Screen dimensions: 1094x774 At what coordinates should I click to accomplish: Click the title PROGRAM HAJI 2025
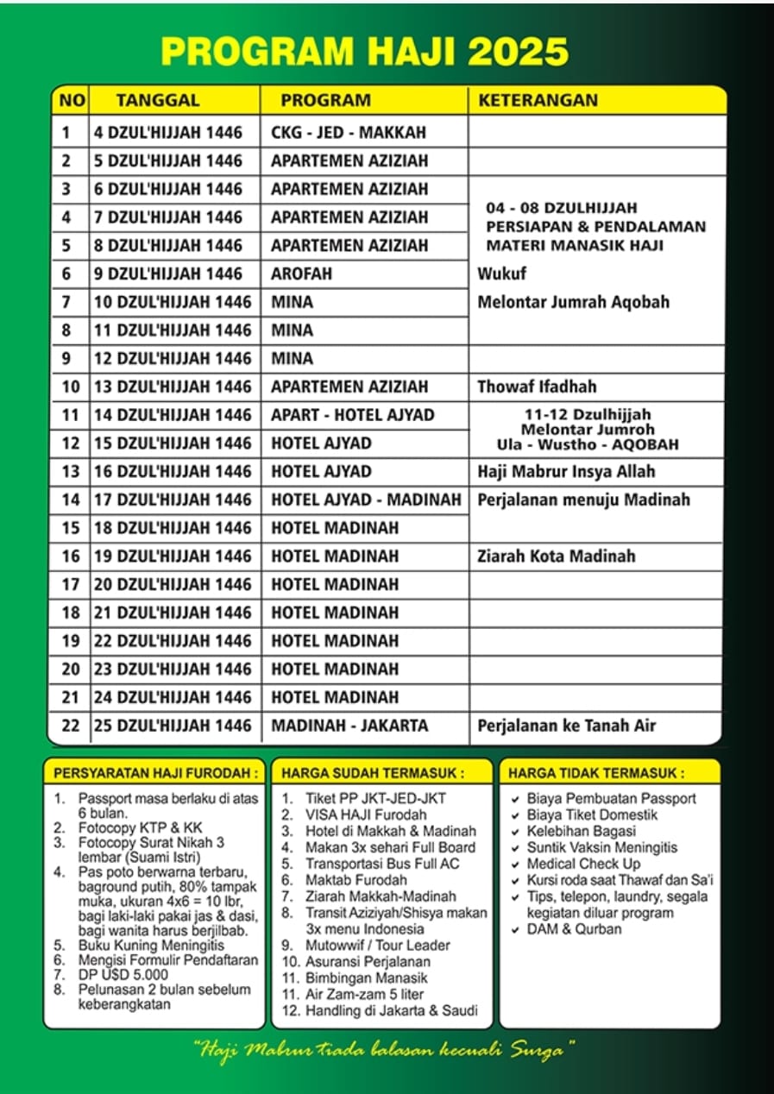coord(365,52)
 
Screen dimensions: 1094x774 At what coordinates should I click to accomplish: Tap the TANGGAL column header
coord(158,100)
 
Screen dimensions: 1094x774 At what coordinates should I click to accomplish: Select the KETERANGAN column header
coord(538,100)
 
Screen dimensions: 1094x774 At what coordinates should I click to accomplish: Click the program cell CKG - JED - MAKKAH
coord(349,133)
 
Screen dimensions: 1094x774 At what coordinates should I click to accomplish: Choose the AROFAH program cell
coord(301,274)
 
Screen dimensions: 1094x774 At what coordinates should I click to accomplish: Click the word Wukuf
coord(501,274)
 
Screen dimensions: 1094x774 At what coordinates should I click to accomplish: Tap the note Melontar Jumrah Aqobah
coord(573,302)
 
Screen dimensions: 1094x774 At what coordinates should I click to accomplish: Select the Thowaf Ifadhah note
coord(537,387)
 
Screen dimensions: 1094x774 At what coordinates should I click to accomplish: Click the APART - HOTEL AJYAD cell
coord(352,415)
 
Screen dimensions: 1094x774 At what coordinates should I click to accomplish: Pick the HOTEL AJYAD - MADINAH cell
coord(361,500)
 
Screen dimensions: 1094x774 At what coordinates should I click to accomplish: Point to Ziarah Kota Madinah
coord(556,556)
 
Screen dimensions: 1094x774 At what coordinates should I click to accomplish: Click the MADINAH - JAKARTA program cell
coord(349,726)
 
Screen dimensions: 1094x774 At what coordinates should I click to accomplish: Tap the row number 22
coord(70,726)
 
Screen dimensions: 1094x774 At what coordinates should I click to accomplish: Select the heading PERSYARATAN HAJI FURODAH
coord(155,772)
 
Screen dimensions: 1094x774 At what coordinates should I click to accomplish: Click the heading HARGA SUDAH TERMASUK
coord(373,772)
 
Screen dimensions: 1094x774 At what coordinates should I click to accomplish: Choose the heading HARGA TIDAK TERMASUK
coord(596,772)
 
